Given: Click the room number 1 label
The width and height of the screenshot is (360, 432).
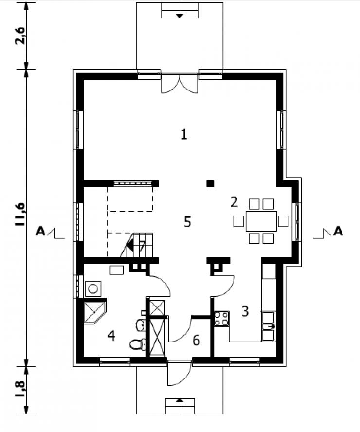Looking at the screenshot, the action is click(184, 134).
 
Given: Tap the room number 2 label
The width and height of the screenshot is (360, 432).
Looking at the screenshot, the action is click(234, 202).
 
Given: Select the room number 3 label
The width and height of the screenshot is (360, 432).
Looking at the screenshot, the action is click(245, 311).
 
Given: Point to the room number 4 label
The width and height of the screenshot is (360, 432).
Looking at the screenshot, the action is click(111, 336).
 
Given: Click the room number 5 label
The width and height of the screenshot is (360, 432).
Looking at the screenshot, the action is click(188, 222).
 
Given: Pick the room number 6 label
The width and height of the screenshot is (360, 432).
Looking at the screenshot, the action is click(196, 341).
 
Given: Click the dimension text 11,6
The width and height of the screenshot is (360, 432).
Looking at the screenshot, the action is click(20, 215).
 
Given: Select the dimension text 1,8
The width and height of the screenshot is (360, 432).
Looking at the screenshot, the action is click(20, 389).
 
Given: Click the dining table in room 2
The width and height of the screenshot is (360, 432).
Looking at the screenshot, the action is click(261, 221).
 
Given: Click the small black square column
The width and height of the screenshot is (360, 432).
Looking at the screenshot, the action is click(211, 184).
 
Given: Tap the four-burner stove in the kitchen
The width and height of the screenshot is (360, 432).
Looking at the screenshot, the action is click(221, 319).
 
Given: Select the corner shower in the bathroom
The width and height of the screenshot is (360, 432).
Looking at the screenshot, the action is click(94, 313).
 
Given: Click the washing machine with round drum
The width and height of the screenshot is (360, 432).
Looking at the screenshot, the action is click(93, 289).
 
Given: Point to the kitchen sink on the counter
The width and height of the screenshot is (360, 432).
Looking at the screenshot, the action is click(268, 326).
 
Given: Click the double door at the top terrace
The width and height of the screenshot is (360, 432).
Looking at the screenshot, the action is click(180, 84).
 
